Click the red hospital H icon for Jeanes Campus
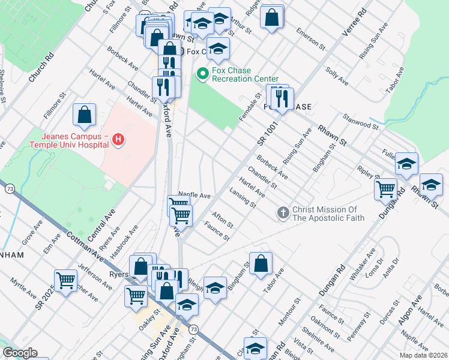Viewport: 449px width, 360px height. click(118, 140)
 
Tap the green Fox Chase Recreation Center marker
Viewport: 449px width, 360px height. click(202, 74)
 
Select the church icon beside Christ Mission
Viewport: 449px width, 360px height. click(283, 212)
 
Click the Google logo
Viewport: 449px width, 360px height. click(20, 353)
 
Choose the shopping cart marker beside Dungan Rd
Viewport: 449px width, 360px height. click(385, 188)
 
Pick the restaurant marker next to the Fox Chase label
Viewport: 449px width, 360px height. click(280, 97)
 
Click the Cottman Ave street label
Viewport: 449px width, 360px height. click(85, 245)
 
